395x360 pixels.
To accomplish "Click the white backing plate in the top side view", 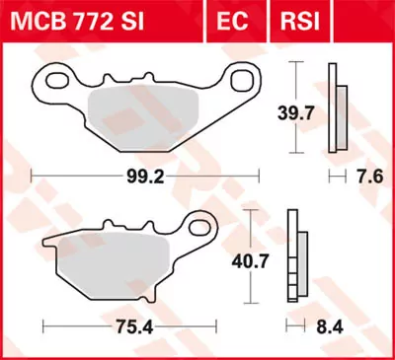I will point(333,108).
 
